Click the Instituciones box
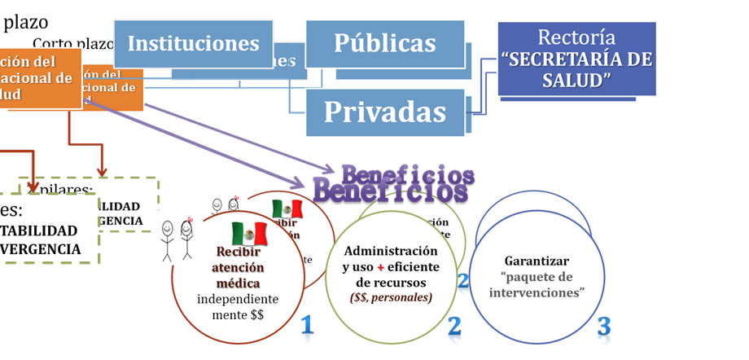[x=193, y=43]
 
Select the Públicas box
[x=384, y=43]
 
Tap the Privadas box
[x=384, y=112]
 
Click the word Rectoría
[x=577, y=37]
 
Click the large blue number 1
[x=306, y=326]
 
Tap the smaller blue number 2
[x=463, y=280]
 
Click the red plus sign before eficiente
[x=380, y=266]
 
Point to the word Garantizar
[x=537, y=261]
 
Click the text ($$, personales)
[x=391, y=298]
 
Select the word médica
[x=232, y=283]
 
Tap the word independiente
[x=232, y=299]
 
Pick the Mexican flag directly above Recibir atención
[x=250, y=234]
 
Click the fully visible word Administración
[x=391, y=250]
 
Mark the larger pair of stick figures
[x=177, y=240]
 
